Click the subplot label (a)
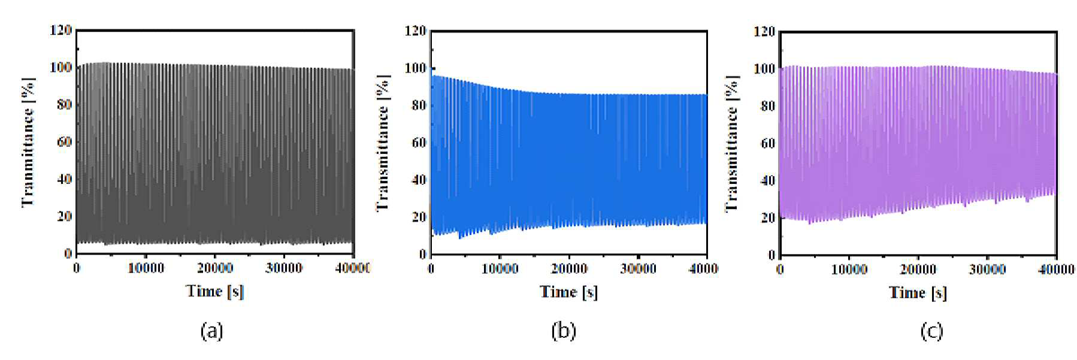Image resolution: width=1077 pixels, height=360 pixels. tap(211, 331)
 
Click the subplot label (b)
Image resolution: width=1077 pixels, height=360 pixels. tap(563, 331)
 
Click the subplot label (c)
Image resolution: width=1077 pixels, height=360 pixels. tap(931, 331)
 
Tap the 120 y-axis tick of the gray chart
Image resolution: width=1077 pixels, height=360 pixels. tap(60, 30)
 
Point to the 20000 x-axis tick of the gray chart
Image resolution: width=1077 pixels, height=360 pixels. tap(215, 268)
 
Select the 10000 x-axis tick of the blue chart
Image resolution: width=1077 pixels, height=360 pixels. tap(500, 269)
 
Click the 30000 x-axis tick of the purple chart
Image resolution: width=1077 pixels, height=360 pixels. tap(987, 270)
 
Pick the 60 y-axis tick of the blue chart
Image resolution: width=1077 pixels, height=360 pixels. tap(419, 143)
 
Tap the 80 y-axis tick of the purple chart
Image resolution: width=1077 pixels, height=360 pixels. tap(767, 106)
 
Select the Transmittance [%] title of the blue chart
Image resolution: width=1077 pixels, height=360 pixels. tap(383, 143)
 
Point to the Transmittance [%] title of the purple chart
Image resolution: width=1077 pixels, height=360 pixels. tap(731, 144)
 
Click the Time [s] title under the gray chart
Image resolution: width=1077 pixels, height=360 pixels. tap(215, 291)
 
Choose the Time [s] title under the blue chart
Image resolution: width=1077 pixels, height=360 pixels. tap(569, 292)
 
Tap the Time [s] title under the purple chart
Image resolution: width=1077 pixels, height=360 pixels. tap(918, 292)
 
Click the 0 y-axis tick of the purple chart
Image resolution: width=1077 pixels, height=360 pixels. tap(772, 255)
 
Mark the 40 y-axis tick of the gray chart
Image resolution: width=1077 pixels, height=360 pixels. tap(64, 179)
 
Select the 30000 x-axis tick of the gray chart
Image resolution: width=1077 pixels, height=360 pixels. tap(284, 268)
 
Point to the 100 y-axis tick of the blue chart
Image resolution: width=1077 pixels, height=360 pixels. tap(415, 68)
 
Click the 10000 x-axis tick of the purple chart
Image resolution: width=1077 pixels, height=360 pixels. tap(849, 270)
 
